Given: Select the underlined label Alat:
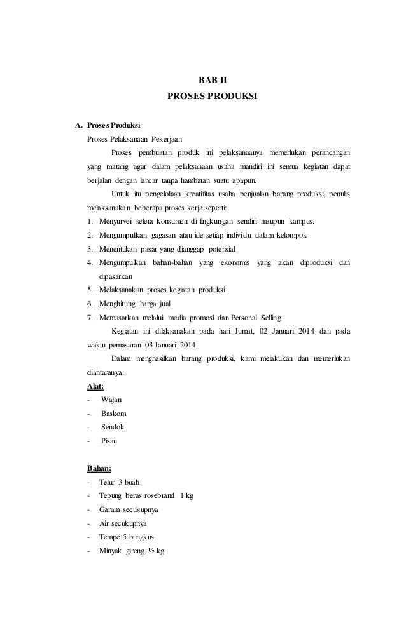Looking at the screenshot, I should point(95,386).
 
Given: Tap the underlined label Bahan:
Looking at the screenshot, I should point(99,469).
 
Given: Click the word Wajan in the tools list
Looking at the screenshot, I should point(111,400).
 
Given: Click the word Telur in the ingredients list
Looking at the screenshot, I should point(108,483).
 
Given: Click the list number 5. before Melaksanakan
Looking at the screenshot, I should point(90,290).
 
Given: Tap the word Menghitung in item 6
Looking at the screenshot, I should point(119,304).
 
